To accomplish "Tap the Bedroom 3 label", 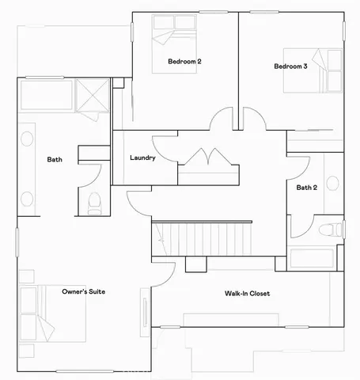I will [x=290, y=66].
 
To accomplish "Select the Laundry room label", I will [x=142, y=158].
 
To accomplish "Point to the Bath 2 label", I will [x=307, y=188].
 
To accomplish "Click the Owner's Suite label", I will [x=84, y=292].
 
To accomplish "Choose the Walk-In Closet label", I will [x=247, y=294].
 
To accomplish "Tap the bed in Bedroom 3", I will [x=327, y=69].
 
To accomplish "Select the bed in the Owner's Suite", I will [x=40, y=313].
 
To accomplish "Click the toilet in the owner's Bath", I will [x=94, y=203].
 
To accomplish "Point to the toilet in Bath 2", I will [x=332, y=230].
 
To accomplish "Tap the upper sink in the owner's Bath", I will [x=27, y=139].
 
